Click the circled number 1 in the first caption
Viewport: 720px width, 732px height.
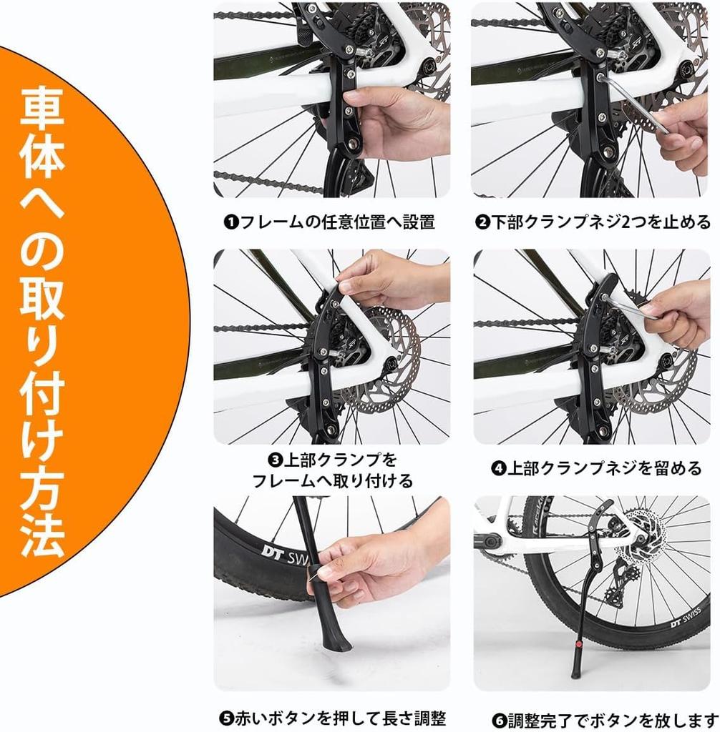pyautogui.click(x=230, y=222)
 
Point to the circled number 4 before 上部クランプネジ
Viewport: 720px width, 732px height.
pyautogui.click(x=498, y=469)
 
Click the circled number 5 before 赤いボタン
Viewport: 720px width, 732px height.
pyautogui.click(x=225, y=717)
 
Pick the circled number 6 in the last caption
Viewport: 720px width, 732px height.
pyautogui.click(x=499, y=718)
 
